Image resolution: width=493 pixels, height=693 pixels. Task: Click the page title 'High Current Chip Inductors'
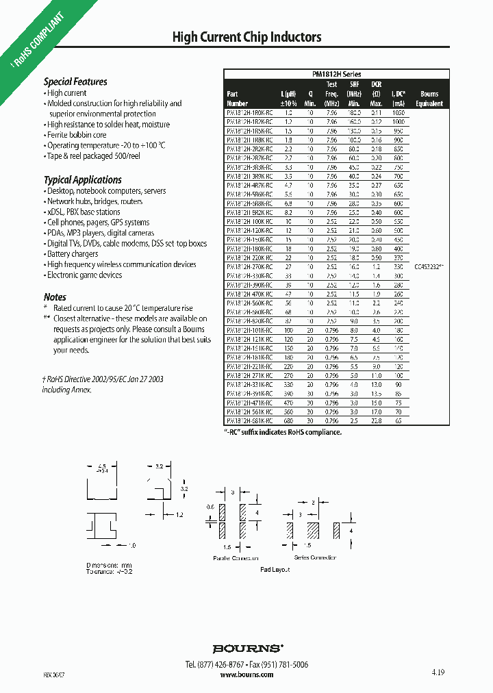click(246, 37)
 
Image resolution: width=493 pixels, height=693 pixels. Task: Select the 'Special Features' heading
click(75, 81)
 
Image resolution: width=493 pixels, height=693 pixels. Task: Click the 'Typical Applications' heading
click(82, 179)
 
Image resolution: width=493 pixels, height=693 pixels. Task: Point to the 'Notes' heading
click(55, 297)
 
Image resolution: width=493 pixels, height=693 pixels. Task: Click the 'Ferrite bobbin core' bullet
click(77, 135)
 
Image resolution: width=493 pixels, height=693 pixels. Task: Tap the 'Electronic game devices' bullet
click(84, 275)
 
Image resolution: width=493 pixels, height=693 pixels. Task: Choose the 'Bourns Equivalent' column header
click(429, 99)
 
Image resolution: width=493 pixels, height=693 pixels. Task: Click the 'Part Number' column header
click(237, 99)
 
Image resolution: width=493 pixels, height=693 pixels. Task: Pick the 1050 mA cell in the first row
click(399, 111)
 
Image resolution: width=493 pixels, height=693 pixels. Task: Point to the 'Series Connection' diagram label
click(315, 557)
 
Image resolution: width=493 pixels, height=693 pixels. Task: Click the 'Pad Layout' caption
click(275, 570)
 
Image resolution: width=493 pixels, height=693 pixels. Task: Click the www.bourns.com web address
click(246, 675)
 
